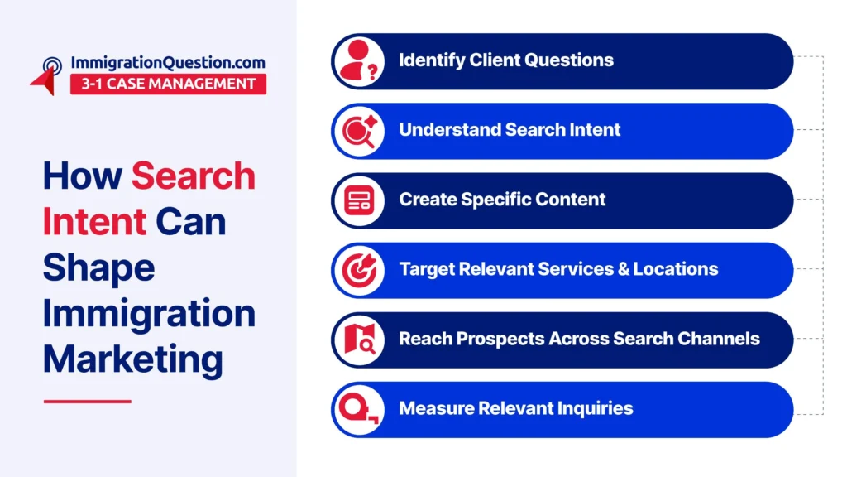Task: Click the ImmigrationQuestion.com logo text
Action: coord(168,63)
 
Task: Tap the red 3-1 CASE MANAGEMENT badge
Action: coord(168,84)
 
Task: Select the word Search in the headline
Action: coord(194,176)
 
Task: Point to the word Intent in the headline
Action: coord(94,221)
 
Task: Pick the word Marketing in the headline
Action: coord(132,360)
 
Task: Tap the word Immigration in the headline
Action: coord(149,314)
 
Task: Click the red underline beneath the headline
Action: coord(88,402)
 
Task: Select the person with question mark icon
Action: coord(359,61)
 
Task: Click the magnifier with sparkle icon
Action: coord(359,131)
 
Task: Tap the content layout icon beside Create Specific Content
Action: coord(359,200)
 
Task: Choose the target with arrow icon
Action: coord(359,270)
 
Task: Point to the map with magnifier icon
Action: coord(359,340)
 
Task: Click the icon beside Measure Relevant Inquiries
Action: coord(358,409)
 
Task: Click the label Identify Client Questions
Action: coord(506,60)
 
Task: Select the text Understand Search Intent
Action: coord(510,130)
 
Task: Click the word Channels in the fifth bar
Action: coord(719,339)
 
